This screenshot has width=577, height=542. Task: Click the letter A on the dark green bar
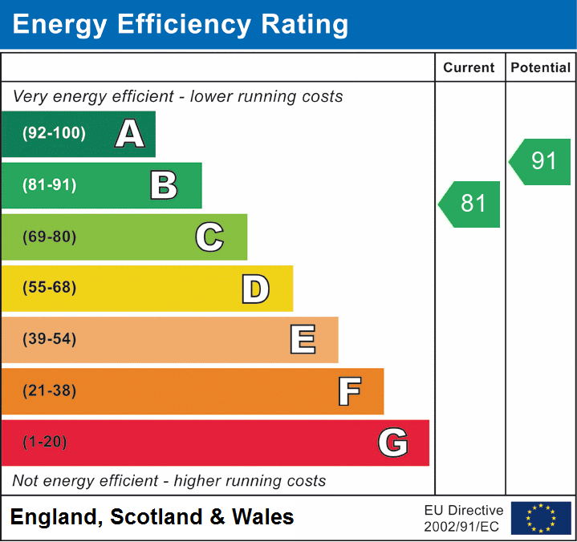click(x=130, y=134)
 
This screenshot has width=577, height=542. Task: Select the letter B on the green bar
click(x=164, y=185)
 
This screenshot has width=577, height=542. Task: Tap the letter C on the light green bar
click(x=209, y=237)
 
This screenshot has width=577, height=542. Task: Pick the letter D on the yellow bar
click(x=255, y=289)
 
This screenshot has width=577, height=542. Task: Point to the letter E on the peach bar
click(x=302, y=340)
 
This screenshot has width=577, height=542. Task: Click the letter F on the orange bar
click(x=349, y=391)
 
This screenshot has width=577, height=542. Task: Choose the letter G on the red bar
click(x=393, y=443)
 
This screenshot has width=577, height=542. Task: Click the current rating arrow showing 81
click(x=470, y=204)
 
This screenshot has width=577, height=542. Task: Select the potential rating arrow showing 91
click(x=542, y=161)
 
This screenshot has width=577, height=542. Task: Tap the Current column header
click(x=469, y=68)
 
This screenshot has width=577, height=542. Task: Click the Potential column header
click(x=541, y=68)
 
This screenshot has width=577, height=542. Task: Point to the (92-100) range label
click(x=54, y=134)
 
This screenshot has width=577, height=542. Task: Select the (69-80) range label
click(x=50, y=237)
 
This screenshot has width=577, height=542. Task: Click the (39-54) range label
click(x=50, y=339)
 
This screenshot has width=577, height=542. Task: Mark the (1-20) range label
click(x=46, y=442)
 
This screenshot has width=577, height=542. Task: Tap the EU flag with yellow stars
click(x=541, y=518)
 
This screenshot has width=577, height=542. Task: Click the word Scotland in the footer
click(x=156, y=517)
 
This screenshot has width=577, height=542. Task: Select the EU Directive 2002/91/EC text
click(x=464, y=518)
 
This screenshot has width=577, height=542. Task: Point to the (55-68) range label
click(x=50, y=288)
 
